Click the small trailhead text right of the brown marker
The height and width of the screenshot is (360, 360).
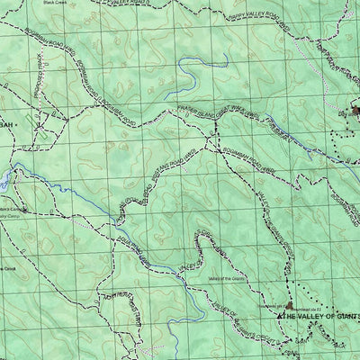click(310, 307)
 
